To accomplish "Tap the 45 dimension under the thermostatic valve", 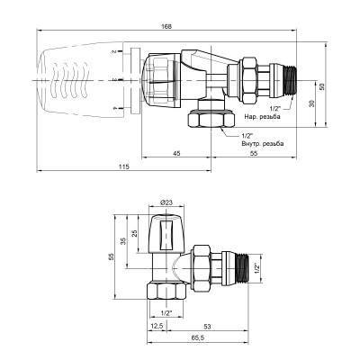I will pos(176,154).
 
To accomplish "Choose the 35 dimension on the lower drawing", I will pos(121,240).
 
